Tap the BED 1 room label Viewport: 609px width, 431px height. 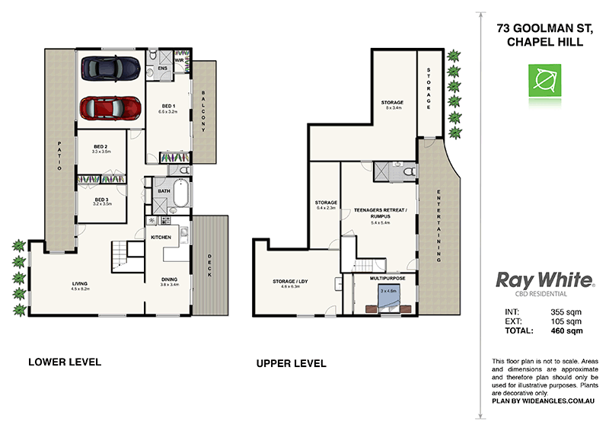pos(167,107)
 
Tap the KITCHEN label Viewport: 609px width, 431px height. pos(161,238)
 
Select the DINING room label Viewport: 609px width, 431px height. pos(169,280)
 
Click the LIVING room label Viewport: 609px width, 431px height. pos(80,286)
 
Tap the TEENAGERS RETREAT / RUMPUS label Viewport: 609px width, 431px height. pos(381,212)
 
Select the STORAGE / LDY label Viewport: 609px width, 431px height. pos(292,283)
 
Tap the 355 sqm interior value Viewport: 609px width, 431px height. pos(566,312)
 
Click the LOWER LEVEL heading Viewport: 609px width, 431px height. pos(65,361)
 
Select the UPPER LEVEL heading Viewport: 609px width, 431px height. pos(292,364)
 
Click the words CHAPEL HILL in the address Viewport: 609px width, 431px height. pos(544,43)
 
